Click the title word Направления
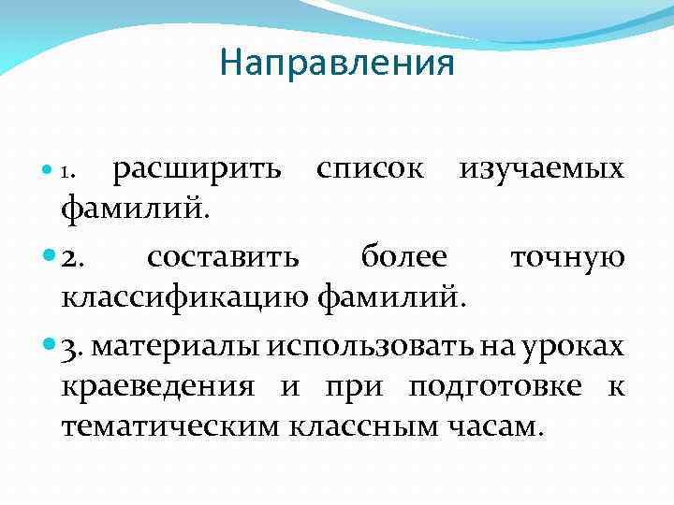pyautogui.click(x=337, y=63)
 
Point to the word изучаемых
pyautogui.click(x=541, y=168)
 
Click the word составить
pyautogui.click(x=224, y=255)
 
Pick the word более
pyautogui.click(x=403, y=255)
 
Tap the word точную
pyautogui.click(x=567, y=255)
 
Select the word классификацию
pyautogui.click(x=186, y=298)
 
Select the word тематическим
pyautogui.click(x=173, y=427)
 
